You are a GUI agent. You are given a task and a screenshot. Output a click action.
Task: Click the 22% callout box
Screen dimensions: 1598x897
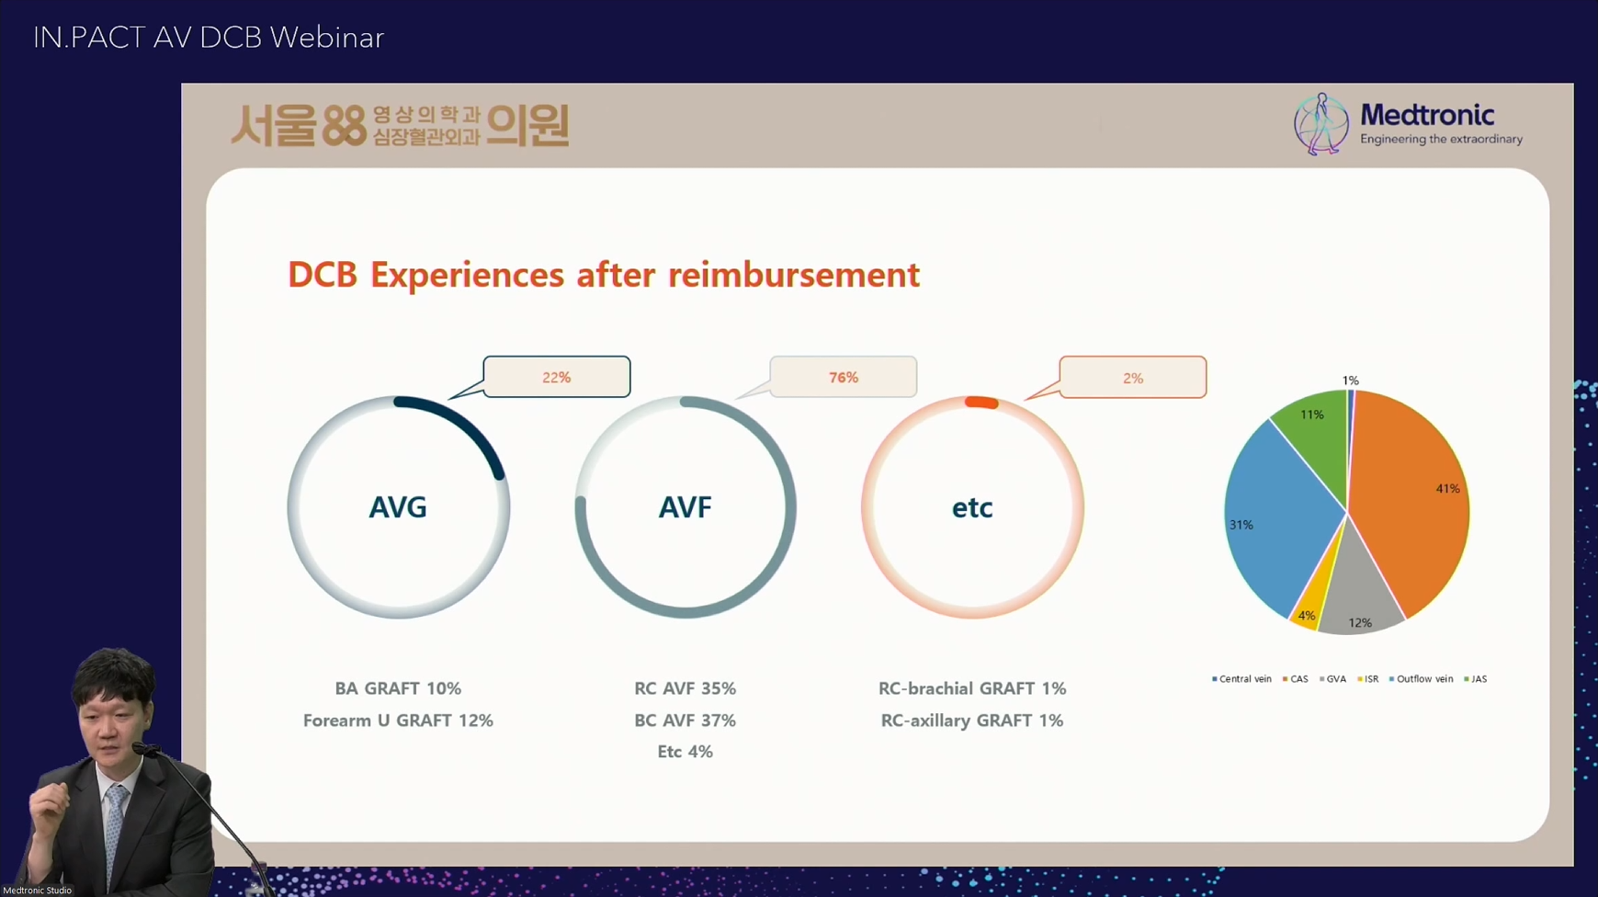pos(557,377)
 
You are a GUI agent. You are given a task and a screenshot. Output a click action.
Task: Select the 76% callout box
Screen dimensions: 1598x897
pos(844,377)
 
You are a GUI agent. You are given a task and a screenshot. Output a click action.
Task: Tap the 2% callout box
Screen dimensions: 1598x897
pos(1132,377)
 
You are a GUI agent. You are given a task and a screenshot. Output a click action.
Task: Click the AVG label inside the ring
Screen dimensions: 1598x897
pos(398,507)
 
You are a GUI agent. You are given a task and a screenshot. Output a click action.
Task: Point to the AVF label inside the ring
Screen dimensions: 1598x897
pos(686,507)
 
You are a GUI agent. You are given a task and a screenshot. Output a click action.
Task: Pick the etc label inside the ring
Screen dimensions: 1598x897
pos(972,507)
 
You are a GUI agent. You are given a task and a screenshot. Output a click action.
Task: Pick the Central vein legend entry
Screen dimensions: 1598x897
pos(1241,679)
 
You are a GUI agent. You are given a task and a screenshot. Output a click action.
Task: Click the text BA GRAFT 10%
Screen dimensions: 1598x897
pos(398,688)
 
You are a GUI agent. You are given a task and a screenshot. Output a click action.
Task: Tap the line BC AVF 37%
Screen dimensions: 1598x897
pos(686,721)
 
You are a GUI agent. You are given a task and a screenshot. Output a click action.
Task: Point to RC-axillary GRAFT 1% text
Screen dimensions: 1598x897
pos(972,721)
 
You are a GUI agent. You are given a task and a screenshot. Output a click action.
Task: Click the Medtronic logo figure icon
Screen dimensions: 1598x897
pos(1321,124)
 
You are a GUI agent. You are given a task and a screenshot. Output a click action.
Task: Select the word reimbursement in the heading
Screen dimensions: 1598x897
pos(794,275)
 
